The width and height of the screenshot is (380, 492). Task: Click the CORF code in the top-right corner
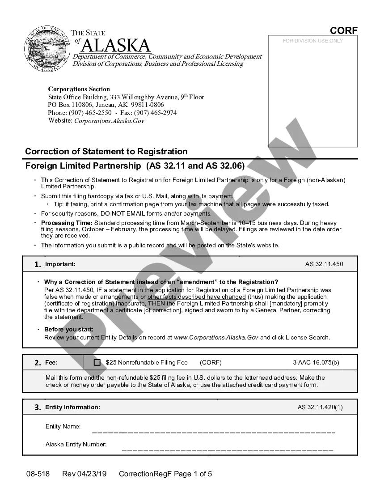[344, 30]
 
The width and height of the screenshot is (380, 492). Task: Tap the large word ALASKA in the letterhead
[116, 46]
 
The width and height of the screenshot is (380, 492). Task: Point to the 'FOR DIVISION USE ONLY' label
[313, 41]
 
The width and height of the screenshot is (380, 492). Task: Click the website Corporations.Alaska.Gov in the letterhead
[109, 121]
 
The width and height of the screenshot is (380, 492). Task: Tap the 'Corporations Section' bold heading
[79, 89]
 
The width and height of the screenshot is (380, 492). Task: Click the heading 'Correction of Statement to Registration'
[106, 151]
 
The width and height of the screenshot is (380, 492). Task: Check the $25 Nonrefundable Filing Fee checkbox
[97, 363]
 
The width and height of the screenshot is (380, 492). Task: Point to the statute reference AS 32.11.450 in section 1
[324, 264]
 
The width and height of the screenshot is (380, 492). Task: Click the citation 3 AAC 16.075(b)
[316, 362]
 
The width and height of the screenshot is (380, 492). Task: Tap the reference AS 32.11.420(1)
[320, 407]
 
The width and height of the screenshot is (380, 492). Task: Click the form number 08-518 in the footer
[38, 474]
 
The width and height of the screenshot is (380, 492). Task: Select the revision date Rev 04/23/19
[84, 474]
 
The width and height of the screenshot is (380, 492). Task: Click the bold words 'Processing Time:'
[67, 223]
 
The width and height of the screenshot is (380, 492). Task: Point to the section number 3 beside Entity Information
[38, 407]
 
